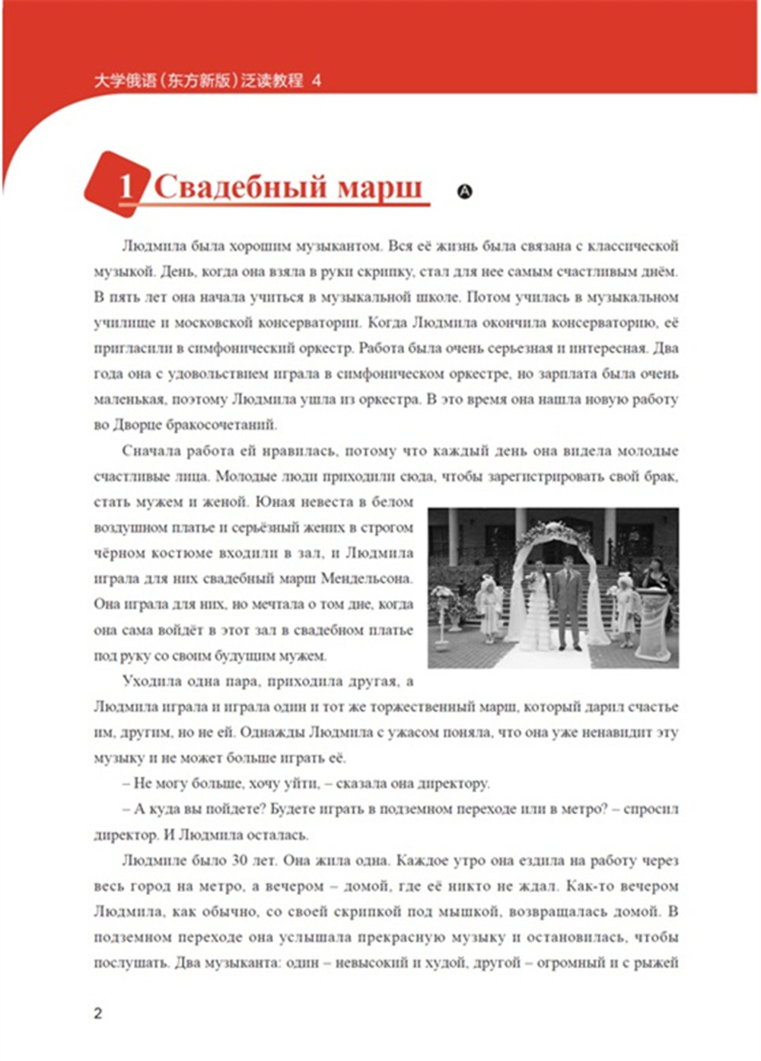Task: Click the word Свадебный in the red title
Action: (x=240, y=187)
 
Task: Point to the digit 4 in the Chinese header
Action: (x=317, y=80)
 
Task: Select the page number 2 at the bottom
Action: (x=97, y=1013)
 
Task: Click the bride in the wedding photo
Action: (x=537, y=609)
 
